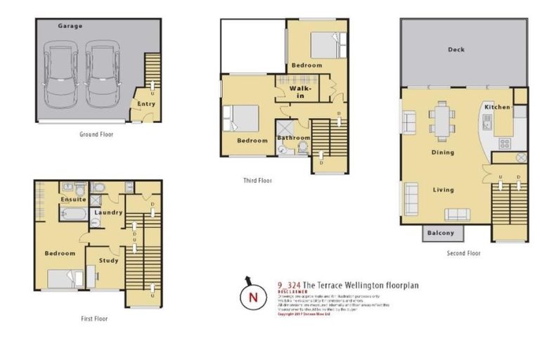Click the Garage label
click(x=70, y=26)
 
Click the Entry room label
click(x=146, y=104)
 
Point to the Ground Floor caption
click(x=96, y=134)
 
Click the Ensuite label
click(x=73, y=200)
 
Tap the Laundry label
click(x=109, y=212)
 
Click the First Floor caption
click(x=94, y=319)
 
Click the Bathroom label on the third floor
click(x=292, y=138)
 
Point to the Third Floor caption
click(x=257, y=181)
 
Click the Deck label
click(x=456, y=50)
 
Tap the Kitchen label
click(x=497, y=107)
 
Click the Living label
click(x=443, y=190)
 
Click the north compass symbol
click(x=252, y=297)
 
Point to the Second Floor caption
click(x=463, y=253)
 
